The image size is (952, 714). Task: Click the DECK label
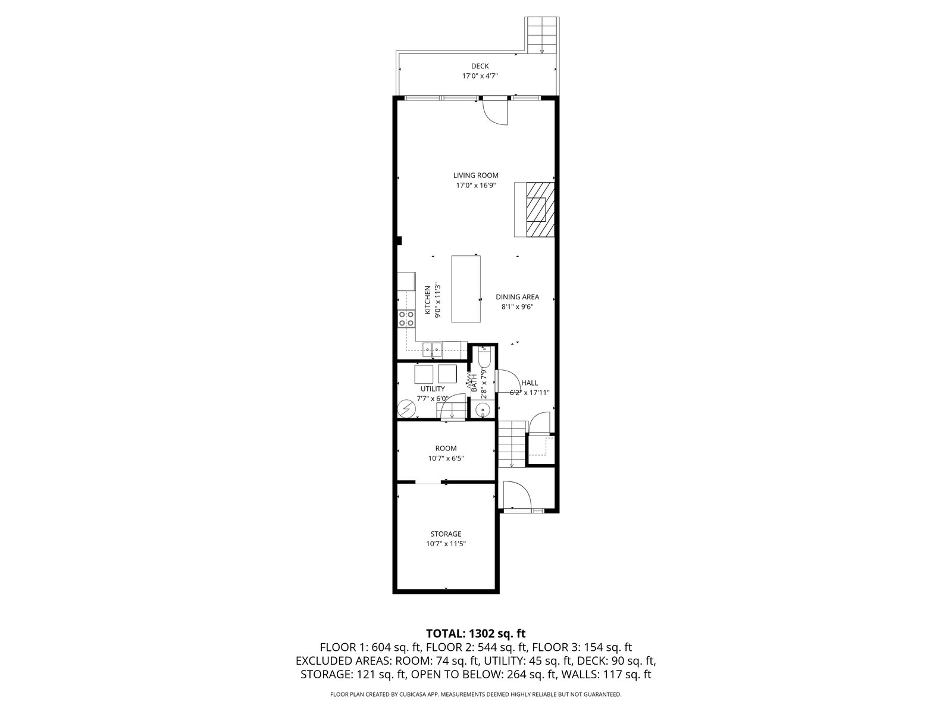[x=480, y=66]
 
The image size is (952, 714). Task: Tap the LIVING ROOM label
[x=476, y=176]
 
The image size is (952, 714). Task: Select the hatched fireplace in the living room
[x=540, y=209]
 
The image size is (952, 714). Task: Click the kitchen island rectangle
[x=466, y=289]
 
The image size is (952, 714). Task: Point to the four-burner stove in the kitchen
[x=103, y=319]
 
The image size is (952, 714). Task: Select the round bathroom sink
[x=483, y=410]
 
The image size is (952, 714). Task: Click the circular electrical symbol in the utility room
[x=103, y=408]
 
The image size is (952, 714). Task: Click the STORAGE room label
[x=446, y=534]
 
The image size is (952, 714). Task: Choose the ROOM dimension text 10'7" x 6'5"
[x=446, y=458]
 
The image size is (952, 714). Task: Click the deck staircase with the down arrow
[x=541, y=35]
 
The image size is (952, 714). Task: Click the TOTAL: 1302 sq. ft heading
[x=476, y=633]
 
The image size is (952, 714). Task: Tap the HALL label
[x=530, y=383]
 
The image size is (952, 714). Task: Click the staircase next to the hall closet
[x=511, y=444]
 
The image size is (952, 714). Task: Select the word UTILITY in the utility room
[x=433, y=389]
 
